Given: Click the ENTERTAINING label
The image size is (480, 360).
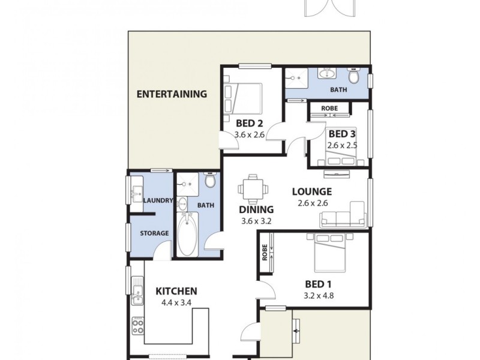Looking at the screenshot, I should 172,94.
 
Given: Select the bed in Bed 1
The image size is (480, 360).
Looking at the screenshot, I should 329,254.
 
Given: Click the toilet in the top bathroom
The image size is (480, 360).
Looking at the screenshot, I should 354,77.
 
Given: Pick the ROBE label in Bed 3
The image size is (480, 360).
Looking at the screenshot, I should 329,109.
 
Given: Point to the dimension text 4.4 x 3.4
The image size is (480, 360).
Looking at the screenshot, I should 176,303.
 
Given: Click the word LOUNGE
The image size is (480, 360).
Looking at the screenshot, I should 311,192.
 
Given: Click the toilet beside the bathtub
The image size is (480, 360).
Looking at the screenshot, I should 209,180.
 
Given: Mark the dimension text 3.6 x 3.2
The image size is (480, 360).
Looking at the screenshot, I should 256,221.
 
